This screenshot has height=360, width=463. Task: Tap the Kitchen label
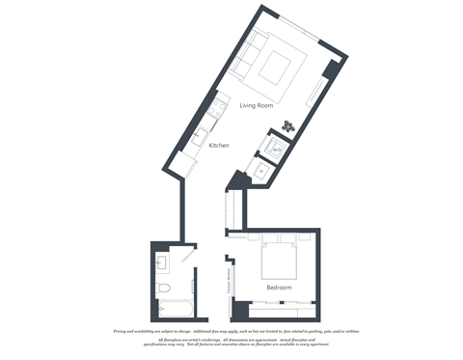219,145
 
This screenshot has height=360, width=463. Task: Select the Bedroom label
279,288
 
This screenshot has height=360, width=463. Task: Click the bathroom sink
162,262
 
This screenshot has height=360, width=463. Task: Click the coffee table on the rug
277,68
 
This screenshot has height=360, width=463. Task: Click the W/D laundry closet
276,149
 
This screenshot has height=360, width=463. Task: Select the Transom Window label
231,284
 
